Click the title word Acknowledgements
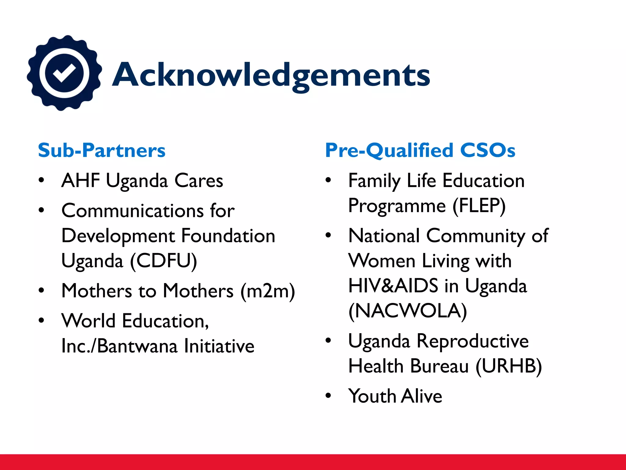coord(271,75)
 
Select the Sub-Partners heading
coord(101,151)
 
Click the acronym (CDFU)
coord(164,261)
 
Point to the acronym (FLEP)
coord(479,206)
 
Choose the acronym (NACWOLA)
coord(408,311)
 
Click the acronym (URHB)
coord(509,366)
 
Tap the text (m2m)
coord(268,291)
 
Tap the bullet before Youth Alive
coord(328,396)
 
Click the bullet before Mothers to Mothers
coord(41,290)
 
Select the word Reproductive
coord(473,341)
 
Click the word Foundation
coord(228,236)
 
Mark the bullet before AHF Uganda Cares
coord(41,180)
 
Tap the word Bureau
coord(439,366)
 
